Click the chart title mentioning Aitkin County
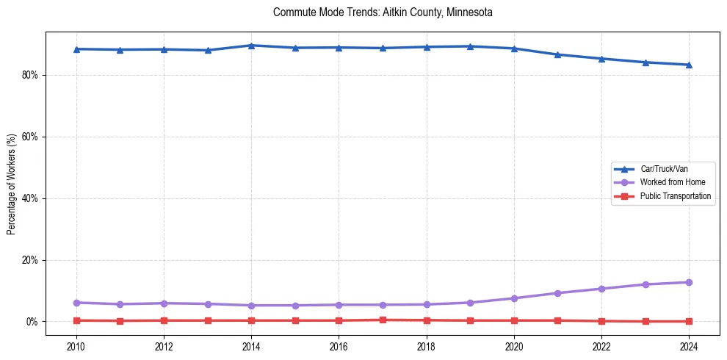coord(382,12)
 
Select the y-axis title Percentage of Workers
coord(11,184)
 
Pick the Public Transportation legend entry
coord(675,196)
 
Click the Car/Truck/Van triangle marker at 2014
coord(251,46)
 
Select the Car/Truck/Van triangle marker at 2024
coord(689,65)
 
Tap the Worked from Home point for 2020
coord(514,298)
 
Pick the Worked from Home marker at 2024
coord(689,282)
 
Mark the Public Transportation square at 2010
coord(76,320)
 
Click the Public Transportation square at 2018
coord(427,320)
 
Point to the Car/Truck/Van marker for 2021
coord(558,54)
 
